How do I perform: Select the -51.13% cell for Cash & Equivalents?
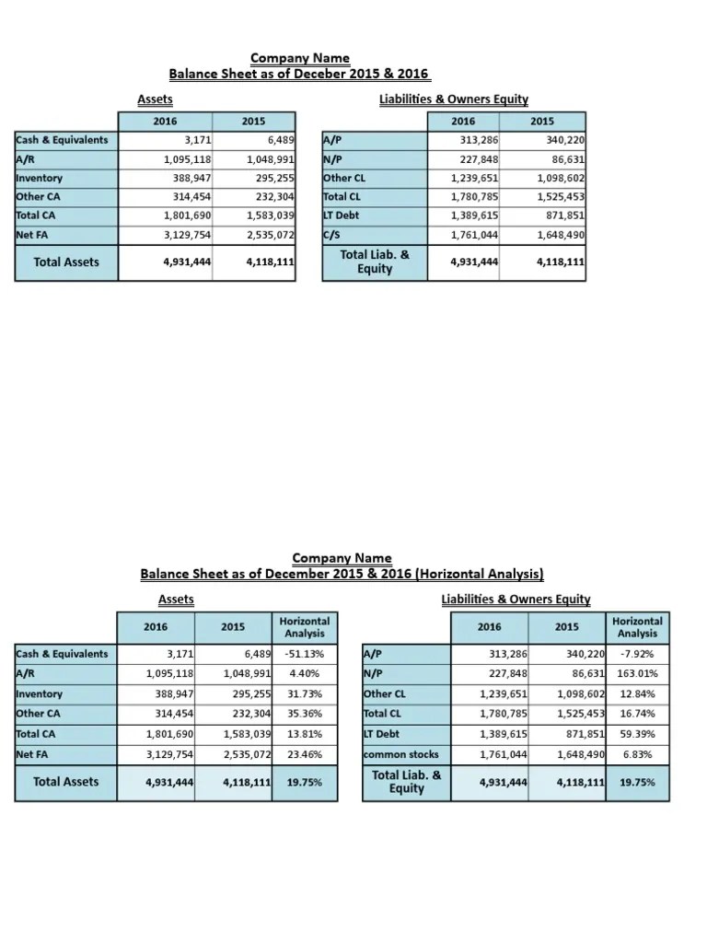click(x=303, y=654)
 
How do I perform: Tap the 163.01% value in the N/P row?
click(x=636, y=674)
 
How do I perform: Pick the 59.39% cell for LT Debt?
click(x=636, y=734)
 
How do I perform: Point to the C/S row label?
click(x=333, y=235)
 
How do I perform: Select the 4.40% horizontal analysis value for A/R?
click(x=303, y=674)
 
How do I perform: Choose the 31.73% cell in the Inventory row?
click(x=303, y=694)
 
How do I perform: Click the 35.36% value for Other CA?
click(x=303, y=714)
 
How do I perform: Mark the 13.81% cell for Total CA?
click(x=303, y=734)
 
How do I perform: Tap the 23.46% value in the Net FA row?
click(x=303, y=754)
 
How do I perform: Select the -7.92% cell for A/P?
click(x=636, y=654)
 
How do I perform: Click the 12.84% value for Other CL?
click(x=636, y=694)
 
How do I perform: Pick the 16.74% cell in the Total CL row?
click(x=636, y=714)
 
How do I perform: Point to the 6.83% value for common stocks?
click(x=636, y=754)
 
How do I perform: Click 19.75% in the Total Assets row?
click(x=303, y=782)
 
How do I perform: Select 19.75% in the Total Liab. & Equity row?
click(x=636, y=782)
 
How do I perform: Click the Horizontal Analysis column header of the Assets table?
click(x=304, y=627)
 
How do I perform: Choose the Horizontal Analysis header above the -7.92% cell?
click(x=637, y=627)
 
